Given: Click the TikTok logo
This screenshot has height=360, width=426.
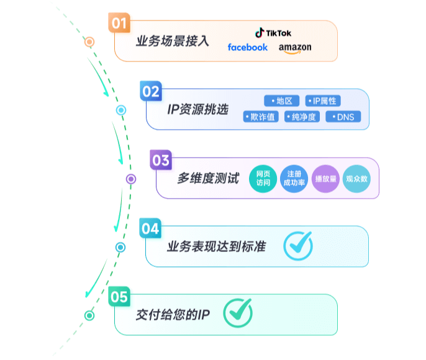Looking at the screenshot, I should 273,32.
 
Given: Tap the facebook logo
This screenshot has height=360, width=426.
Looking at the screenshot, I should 248,47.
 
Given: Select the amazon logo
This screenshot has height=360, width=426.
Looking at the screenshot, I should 295,48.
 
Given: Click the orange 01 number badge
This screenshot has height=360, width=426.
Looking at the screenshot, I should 119,24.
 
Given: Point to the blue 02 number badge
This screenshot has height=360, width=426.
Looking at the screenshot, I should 151,92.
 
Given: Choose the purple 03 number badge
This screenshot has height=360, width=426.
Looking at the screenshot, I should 160,161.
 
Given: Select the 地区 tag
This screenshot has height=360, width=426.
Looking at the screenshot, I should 282,101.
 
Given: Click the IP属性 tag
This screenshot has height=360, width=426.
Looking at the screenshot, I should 323,101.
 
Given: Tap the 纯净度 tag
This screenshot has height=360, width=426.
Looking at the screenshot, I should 302,117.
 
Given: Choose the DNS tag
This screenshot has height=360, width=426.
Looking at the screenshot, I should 343,117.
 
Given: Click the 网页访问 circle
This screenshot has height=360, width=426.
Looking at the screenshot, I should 263,179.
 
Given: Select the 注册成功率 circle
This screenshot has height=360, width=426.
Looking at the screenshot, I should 294,179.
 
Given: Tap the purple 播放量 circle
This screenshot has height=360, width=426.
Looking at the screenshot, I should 325,179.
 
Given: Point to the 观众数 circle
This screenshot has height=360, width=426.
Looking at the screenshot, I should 356,179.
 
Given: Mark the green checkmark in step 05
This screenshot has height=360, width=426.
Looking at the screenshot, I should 237,313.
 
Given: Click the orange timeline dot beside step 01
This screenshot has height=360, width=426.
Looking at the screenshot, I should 89,42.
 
